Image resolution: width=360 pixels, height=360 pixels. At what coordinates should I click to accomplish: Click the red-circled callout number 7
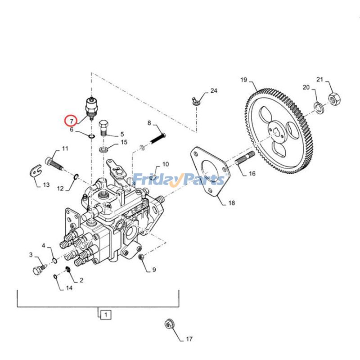[x=70, y=121]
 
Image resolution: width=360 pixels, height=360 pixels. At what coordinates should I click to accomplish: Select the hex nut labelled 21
[x=334, y=98]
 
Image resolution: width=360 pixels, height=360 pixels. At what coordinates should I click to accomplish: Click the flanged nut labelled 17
[x=170, y=324]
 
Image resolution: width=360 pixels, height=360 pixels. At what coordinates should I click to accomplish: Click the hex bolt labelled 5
[x=103, y=127]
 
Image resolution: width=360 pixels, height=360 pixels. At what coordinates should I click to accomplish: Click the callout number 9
[x=153, y=270]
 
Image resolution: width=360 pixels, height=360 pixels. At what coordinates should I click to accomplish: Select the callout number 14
[x=69, y=288]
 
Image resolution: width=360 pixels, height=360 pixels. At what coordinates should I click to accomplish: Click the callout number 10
[x=165, y=164]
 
